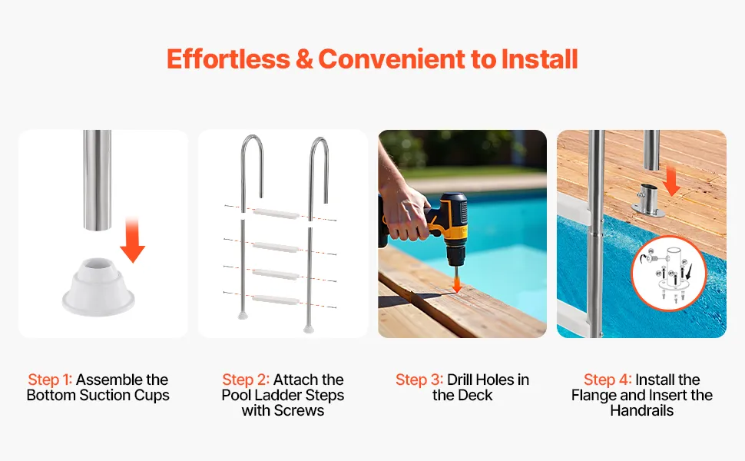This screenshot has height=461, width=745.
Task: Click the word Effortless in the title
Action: tap(228, 59)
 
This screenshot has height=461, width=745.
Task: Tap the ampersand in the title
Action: tap(304, 59)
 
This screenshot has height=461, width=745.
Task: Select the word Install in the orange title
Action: tap(539, 59)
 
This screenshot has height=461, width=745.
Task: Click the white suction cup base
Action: tap(99, 287)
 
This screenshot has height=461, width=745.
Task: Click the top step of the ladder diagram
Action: tap(276, 214)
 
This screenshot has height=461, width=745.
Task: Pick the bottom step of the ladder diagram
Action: tap(276, 300)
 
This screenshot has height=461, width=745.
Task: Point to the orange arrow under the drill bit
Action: tap(456, 284)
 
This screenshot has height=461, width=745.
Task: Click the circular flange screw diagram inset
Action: tap(669, 274)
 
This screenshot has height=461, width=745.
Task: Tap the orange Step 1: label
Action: tap(50, 380)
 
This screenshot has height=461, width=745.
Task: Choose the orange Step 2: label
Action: tap(246, 380)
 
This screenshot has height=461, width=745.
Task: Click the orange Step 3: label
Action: tap(419, 380)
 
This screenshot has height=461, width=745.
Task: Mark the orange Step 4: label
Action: tap(608, 380)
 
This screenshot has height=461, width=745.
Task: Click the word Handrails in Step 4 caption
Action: tap(642, 410)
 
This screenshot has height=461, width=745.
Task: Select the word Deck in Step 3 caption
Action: tap(476, 395)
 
